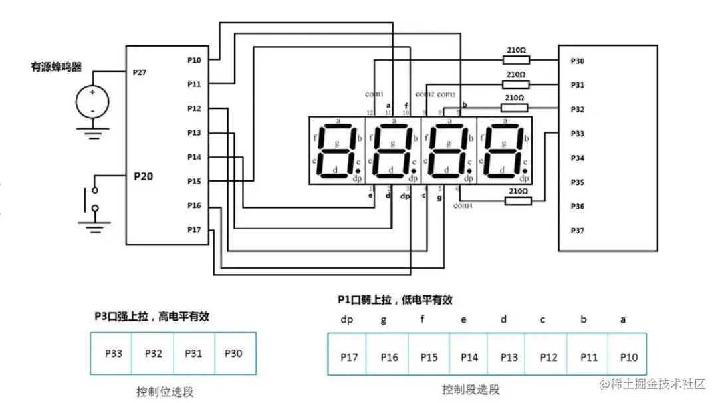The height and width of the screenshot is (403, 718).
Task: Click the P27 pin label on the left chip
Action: coord(140,72)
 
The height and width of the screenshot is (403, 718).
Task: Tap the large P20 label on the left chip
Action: coord(144,176)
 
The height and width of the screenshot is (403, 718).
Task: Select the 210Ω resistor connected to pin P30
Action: coord(516,60)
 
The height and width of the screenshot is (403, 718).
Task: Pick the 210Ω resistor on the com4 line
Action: coord(518,200)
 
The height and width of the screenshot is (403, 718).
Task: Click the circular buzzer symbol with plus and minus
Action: coord(92,100)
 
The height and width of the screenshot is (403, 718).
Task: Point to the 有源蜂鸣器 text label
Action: coord(57,67)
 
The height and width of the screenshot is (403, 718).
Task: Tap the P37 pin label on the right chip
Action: coord(577,230)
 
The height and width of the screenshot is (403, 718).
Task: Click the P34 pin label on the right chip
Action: coord(577,158)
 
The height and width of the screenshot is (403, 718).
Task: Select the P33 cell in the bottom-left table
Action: coord(114,353)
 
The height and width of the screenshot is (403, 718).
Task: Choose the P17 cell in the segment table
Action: coord(348,357)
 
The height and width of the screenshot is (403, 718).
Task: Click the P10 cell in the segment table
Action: coord(628,357)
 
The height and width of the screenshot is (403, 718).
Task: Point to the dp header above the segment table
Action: coord(347,319)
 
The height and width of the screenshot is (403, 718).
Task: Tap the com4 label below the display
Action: coord(463,205)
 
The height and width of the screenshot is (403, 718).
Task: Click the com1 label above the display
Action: coord(375,94)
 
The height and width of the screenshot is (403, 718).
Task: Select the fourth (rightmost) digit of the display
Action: coord(505,151)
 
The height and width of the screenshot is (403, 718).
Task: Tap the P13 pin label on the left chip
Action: coord(194,133)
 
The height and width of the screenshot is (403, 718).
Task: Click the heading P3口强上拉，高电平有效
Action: coord(152,317)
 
